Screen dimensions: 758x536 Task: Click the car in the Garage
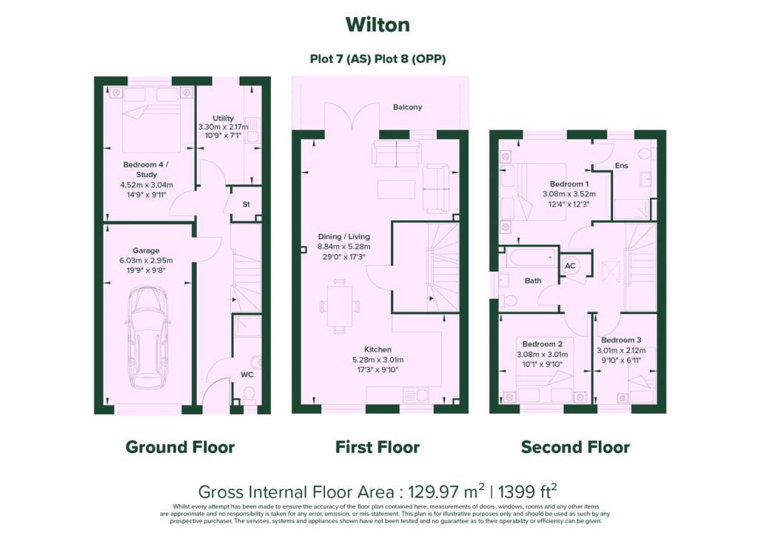click(147, 338)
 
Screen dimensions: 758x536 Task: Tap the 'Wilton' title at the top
click(378, 24)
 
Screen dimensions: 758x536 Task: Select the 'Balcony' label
click(408, 107)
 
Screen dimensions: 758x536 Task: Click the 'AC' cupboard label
click(570, 266)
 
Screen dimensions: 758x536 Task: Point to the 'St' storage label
click(246, 204)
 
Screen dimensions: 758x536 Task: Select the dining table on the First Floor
click(340, 306)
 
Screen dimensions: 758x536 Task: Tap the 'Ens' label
click(621, 165)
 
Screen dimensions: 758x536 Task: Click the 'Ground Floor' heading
click(180, 447)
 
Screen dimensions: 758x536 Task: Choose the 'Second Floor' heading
click(575, 447)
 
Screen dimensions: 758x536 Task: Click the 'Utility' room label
click(223, 118)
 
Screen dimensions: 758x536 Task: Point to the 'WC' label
click(246, 375)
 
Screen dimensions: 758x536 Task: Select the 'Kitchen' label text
click(378, 349)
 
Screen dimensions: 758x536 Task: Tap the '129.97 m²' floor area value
click(446, 492)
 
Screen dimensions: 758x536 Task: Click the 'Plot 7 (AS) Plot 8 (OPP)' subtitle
click(378, 59)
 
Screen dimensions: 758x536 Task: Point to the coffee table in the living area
click(397, 189)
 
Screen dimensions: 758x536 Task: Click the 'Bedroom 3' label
click(621, 341)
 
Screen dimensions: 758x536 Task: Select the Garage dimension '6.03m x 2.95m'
click(146, 261)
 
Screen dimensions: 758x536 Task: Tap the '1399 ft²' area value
click(527, 492)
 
